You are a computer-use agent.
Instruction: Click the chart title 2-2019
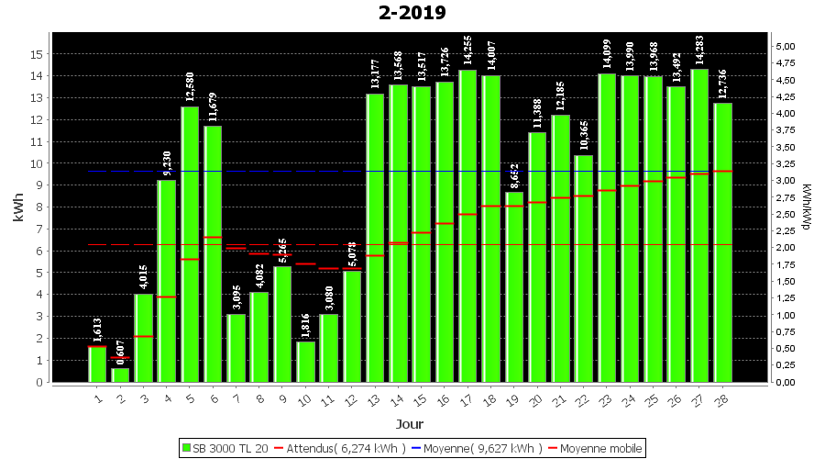click(412, 13)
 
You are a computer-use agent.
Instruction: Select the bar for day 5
click(190, 243)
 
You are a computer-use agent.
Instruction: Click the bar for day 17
click(467, 225)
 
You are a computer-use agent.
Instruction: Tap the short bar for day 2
click(120, 375)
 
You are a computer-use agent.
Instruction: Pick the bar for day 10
click(305, 362)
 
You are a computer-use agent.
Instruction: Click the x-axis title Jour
click(410, 423)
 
